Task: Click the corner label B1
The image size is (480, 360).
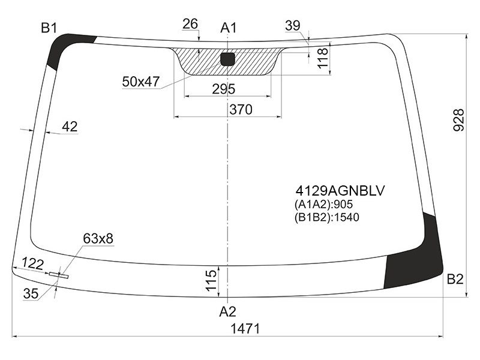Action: pos(49,28)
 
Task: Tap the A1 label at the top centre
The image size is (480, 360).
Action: pos(229,28)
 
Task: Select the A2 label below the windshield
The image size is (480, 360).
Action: pos(227,311)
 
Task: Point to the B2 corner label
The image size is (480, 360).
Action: pos(455,279)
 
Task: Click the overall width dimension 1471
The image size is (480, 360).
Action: pos(245,329)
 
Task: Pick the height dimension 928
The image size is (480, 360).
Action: pos(458,119)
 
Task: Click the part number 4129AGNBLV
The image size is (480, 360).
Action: pos(340,191)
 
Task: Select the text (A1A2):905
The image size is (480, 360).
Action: pos(324,204)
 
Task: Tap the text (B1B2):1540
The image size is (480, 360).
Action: pos(327,217)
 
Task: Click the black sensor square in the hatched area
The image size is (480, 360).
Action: pos(227,59)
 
